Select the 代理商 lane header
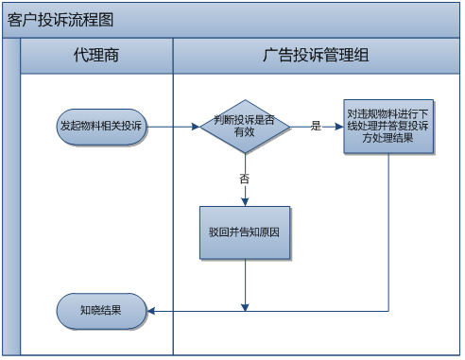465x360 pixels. [96, 56]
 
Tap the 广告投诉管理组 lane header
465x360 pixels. [316, 56]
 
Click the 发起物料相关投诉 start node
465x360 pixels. [102, 127]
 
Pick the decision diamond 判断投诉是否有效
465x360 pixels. [245, 127]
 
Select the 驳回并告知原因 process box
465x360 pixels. [245, 231]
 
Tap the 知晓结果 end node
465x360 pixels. [102, 309]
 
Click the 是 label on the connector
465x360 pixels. [316, 126]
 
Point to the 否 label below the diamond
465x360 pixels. [245, 178]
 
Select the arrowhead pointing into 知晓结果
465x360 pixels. [152, 309]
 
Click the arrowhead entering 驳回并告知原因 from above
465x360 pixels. [245, 200]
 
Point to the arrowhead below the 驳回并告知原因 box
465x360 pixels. [245, 303]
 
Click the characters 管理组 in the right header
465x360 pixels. [349, 56]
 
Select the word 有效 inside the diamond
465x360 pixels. [245, 134]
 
